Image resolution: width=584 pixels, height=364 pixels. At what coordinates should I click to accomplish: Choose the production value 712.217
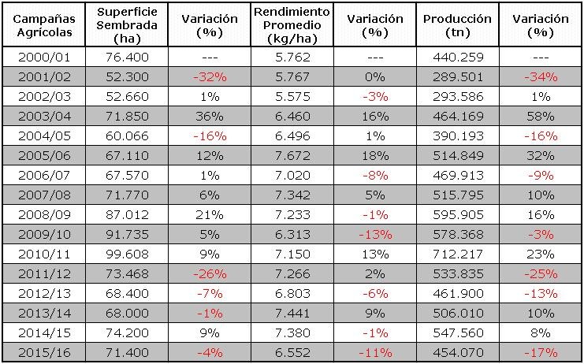[x=457, y=254]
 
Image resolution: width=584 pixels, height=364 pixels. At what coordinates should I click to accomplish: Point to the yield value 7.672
[x=292, y=155]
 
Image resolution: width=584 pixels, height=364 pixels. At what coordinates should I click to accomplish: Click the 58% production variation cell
[x=540, y=116]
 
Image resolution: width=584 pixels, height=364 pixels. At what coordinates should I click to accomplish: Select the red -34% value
[x=540, y=76]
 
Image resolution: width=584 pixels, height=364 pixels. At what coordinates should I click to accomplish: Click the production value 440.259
[x=457, y=57]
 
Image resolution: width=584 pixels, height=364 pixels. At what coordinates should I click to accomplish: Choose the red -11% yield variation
[x=374, y=352]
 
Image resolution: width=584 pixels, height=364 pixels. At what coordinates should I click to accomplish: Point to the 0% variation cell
[x=374, y=76]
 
